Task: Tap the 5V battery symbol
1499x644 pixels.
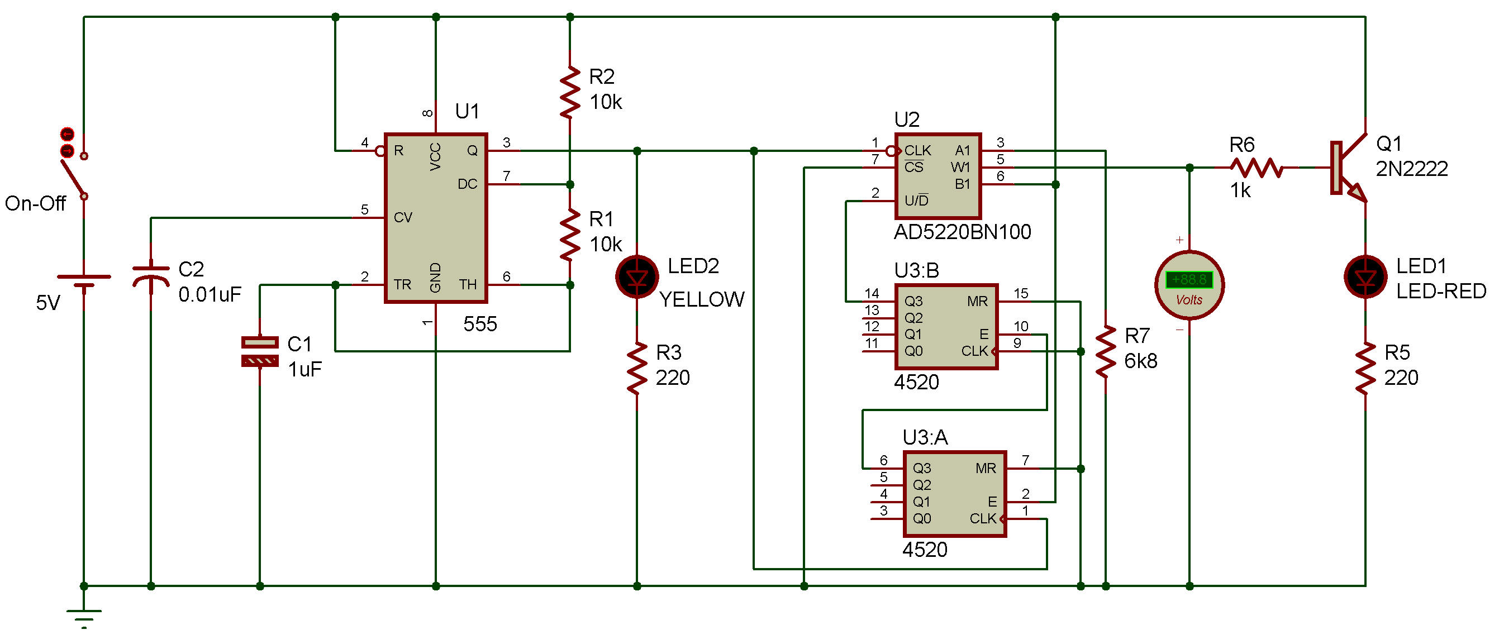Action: (x=84, y=282)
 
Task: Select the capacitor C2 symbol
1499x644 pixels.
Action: (x=151, y=276)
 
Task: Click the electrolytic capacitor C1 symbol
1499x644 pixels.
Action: (x=260, y=351)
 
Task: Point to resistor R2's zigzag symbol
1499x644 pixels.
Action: (x=570, y=92)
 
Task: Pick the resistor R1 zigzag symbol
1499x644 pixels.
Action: (x=570, y=235)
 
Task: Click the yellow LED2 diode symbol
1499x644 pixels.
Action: (x=637, y=277)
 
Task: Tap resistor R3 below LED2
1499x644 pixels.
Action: (x=637, y=368)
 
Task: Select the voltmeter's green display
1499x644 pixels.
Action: (x=1189, y=280)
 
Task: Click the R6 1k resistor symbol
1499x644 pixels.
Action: (x=1257, y=168)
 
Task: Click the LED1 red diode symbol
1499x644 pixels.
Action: (x=1365, y=277)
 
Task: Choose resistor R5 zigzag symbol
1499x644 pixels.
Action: (x=1365, y=368)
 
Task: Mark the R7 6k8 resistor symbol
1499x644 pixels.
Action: (x=1106, y=351)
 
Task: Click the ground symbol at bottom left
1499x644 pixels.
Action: (x=84, y=616)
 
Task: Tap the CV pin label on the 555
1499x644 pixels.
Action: (x=403, y=218)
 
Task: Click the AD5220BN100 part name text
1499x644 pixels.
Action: (x=962, y=232)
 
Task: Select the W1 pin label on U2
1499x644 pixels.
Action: (x=960, y=168)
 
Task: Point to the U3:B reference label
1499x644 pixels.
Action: (x=916, y=270)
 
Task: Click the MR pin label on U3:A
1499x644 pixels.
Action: (x=986, y=468)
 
